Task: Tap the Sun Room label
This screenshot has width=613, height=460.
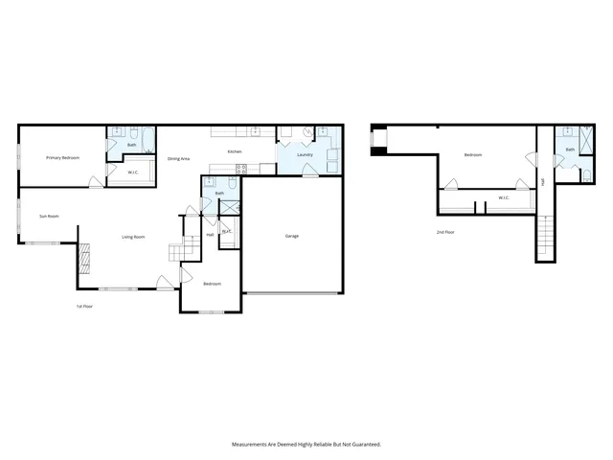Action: point(49,216)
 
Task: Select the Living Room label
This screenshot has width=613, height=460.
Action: point(133,237)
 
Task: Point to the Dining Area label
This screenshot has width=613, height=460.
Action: point(178,158)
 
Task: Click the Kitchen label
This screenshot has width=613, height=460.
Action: point(234,152)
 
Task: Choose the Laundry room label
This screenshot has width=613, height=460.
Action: point(306,154)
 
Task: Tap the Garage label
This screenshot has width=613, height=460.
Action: point(292,236)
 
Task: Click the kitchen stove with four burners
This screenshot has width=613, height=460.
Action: point(241,170)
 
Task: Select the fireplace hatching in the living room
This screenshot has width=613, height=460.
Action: point(83,256)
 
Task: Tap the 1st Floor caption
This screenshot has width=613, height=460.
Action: point(85,307)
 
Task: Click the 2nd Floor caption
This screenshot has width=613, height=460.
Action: point(445,232)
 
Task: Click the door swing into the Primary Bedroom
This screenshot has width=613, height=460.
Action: point(95,181)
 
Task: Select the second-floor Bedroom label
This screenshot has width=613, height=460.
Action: point(473,155)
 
